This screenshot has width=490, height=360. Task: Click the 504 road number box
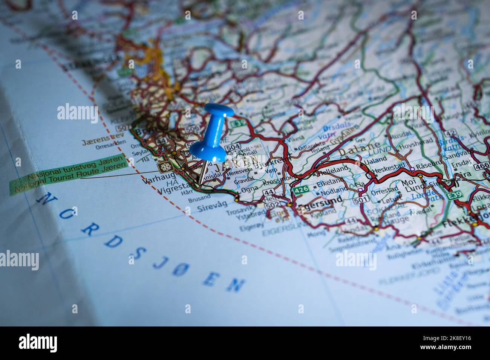tap(233, 146)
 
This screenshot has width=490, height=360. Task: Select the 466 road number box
tap(482, 166)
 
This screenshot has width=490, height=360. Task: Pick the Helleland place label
tap(333, 171)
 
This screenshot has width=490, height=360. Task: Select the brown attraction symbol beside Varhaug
tap(164, 166)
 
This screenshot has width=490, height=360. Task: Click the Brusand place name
tap(199, 197)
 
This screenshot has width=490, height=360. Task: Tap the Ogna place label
tap(250, 188)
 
